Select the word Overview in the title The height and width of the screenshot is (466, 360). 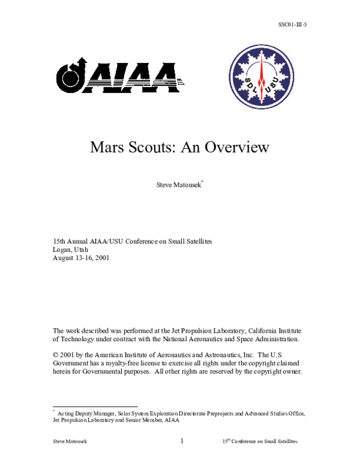pos(237,147)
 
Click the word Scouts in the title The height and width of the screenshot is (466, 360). pos(151,147)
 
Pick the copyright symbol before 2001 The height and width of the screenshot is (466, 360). pos(56,355)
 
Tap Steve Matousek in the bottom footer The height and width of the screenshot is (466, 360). pos(70,442)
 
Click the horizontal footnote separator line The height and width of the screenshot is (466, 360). pos(95,407)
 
